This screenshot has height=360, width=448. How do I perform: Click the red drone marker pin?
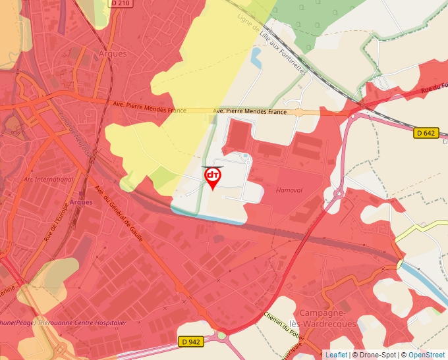coord(213,177)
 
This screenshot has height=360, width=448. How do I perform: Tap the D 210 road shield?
coord(120,3)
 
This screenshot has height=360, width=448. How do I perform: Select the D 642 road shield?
coord(426,132)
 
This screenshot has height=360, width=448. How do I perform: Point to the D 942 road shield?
coord(190,342)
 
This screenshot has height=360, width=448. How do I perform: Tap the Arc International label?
coord(49,179)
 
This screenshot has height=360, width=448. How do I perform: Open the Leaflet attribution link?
coord(336,355)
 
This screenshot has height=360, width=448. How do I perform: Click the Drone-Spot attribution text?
coord(376,355)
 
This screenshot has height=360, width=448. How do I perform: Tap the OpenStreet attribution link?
coord(428,355)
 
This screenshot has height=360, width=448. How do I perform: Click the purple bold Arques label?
coord(80,202)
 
